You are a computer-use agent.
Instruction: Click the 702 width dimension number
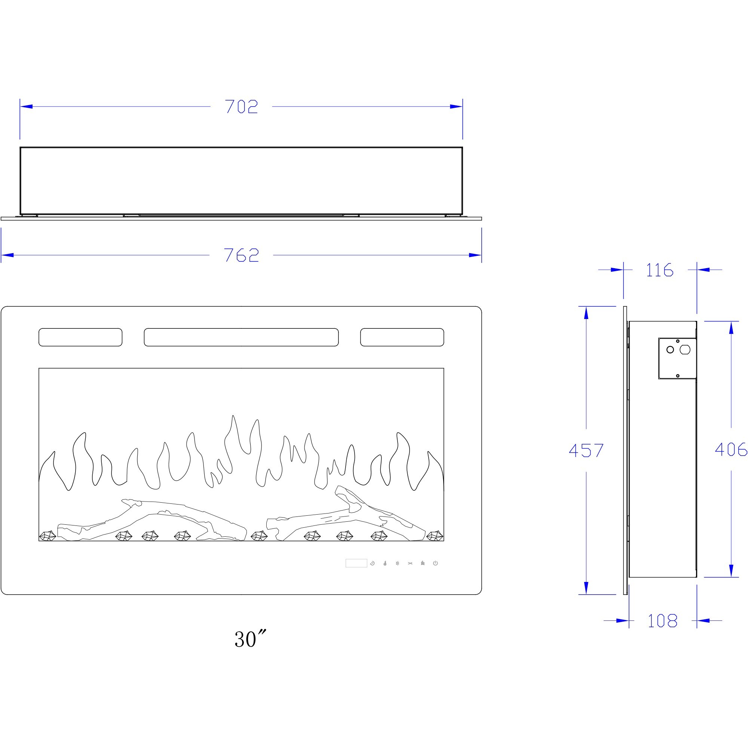click(x=241, y=107)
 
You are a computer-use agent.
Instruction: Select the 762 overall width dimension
click(x=241, y=255)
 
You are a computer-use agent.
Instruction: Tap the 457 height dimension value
click(x=586, y=450)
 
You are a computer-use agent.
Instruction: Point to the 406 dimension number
click(x=730, y=449)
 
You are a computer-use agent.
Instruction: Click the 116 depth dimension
click(x=660, y=270)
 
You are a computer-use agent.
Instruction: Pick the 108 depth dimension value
click(x=662, y=621)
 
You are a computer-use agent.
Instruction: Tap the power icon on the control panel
click(x=435, y=563)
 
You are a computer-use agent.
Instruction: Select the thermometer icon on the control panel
click(x=385, y=563)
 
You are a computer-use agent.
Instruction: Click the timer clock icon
click(x=373, y=563)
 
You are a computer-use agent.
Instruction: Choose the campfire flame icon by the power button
click(x=423, y=563)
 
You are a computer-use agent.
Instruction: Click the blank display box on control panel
click(x=356, y=563)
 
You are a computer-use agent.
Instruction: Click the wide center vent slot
click(x=241, y=337)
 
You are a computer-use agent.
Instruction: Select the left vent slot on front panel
click(x=80, y=337)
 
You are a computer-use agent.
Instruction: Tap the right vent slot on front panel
click(x=402, y=337)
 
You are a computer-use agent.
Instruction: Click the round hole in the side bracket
click(x=670, y=350)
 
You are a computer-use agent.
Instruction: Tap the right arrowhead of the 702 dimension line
click(x=457, y=107)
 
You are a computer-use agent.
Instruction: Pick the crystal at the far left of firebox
click(x=47, y=536)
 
